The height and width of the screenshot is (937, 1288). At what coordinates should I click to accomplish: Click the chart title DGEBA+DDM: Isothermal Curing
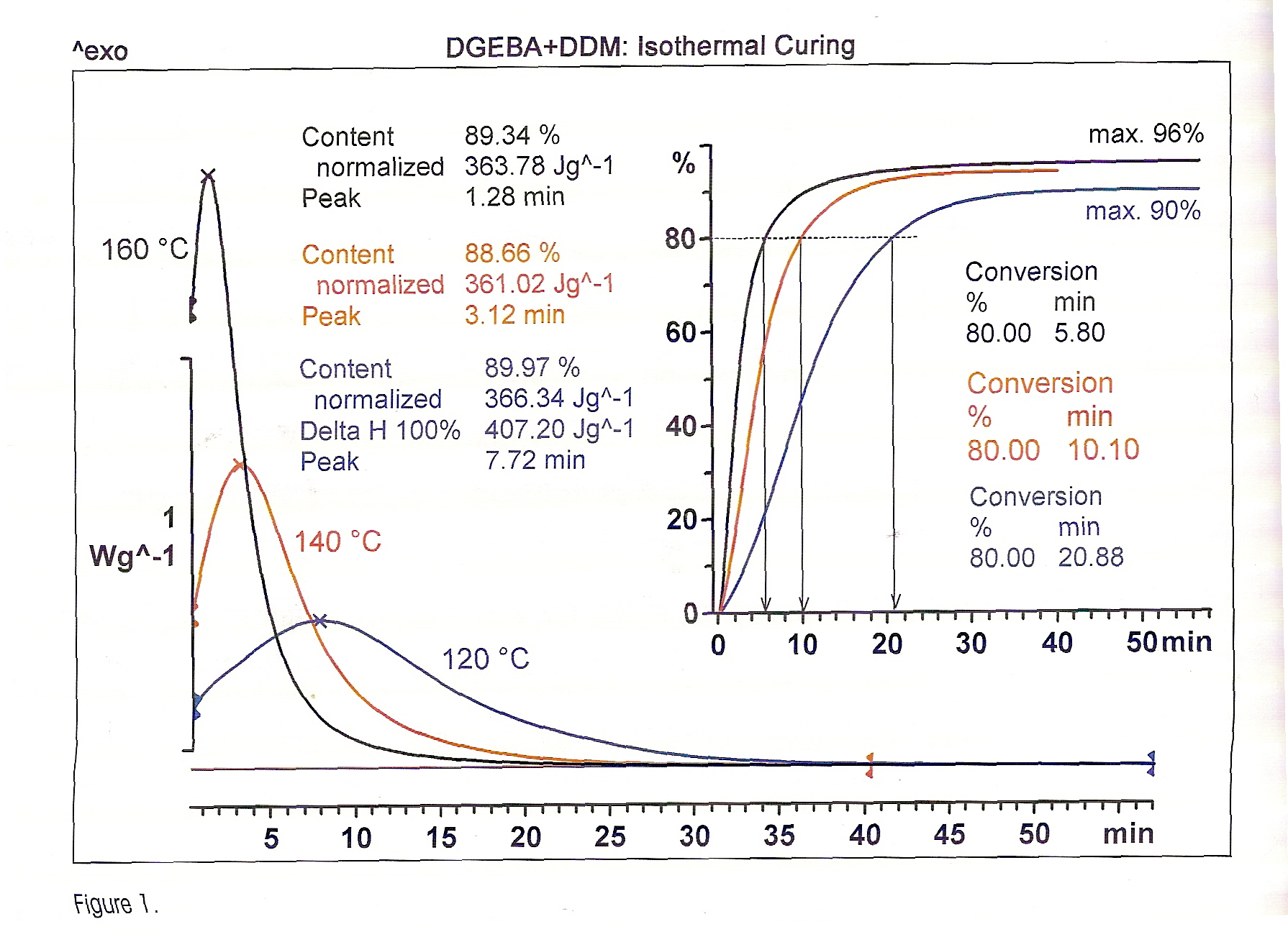click(x=650, y=47)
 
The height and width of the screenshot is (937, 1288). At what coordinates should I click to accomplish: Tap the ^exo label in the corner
click(x=100, y=51)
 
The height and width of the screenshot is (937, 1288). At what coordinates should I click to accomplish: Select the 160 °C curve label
click(x=145, y=250)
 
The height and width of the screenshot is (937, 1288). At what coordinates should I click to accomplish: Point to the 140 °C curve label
click(x=337, y=541)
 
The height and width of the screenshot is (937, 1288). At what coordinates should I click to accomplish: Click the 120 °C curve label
click(x=485, y=659)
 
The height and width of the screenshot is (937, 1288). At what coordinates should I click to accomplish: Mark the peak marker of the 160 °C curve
click(x=208, y=175)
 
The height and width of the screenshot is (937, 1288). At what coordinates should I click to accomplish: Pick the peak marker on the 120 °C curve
click(x=320, y=621)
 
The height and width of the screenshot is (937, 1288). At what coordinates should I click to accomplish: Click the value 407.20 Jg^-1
click(x=558, y=430)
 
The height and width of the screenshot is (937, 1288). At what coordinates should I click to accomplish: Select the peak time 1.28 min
click(x=514, y=197)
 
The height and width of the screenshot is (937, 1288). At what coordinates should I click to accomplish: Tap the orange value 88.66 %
click(x=512, y=253)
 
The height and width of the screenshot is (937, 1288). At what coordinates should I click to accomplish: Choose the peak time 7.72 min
click(x=535, y=460)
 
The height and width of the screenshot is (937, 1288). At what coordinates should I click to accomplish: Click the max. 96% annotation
click(x=1146, y=134)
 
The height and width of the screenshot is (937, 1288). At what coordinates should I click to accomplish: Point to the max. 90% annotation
click(x=1143, y=211)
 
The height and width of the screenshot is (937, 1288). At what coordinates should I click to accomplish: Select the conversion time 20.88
click(x=1090, y=557)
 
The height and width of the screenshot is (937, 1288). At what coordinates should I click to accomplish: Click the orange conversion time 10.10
click(x=1103, y=450)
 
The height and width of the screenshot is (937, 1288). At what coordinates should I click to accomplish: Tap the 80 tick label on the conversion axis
click(x=680, y=239)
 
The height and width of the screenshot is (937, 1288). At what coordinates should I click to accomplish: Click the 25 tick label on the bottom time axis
click(x=610, y=836)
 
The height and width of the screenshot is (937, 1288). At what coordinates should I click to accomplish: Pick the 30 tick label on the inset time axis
click(x=971, y=644)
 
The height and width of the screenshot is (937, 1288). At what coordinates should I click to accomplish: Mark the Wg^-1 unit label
click(x=132, y=556)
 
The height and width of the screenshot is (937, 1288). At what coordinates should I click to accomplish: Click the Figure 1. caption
click(x=115, y=904)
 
